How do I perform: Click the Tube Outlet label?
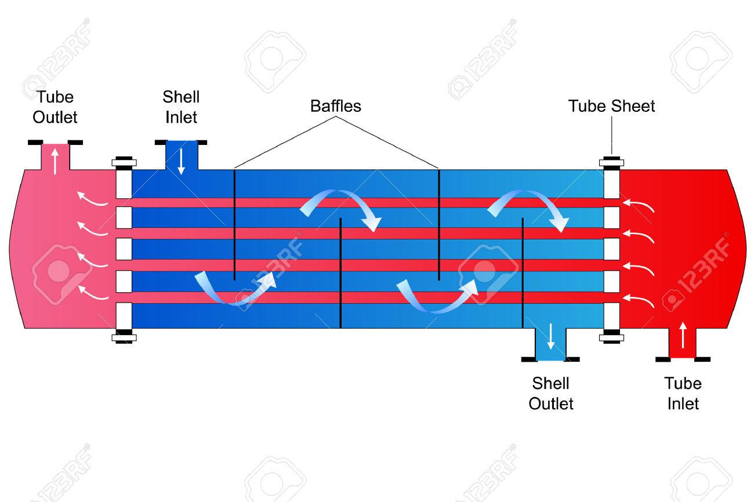click(x=55, y=107)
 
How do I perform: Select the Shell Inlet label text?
click(x=181, y=107)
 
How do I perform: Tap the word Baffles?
click(x=336, y=106)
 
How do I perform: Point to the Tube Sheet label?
click(x=611, y=106)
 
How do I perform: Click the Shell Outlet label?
click(x=550, y=394)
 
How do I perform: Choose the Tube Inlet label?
click(x=683, y=394)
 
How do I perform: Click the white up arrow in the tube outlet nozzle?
click(x=55, y=162)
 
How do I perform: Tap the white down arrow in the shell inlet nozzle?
click(x=181, y=162)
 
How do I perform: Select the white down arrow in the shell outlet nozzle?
click(x=550, y=336)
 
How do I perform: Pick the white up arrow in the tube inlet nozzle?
click(x=683, y=335)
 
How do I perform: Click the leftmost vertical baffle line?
click(x=235, y=225)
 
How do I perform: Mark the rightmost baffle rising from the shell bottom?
click(x=523, y=273)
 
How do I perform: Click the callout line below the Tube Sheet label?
click(x=612, y=135)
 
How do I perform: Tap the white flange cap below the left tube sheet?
click(x=124, y=337)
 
